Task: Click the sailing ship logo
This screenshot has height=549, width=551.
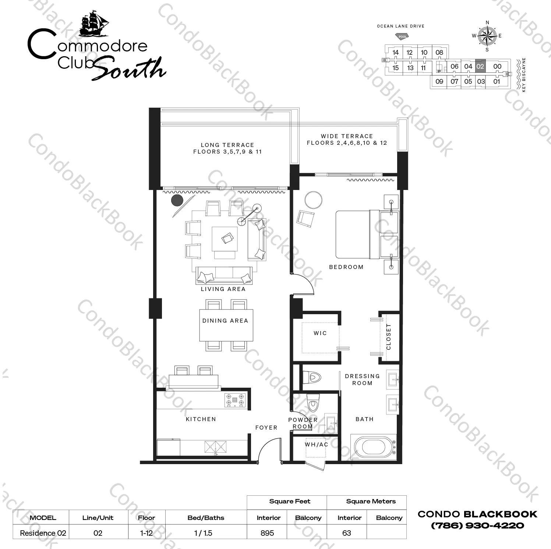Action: (x=94, y=24)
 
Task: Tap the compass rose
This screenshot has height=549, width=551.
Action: (x=487, y=36)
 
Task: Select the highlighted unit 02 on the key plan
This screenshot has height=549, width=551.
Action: (x=480, y=67)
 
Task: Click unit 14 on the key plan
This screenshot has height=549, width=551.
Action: (x=395, y=53)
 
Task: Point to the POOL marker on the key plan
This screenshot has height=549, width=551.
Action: (x=402, y=36)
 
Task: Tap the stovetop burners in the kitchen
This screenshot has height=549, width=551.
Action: (x=235, y=400)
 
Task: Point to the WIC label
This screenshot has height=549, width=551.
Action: (x=320, y=333)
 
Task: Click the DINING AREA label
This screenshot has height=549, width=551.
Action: (x=225, y=320)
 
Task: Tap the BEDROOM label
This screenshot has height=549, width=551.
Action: (x=346, y=267)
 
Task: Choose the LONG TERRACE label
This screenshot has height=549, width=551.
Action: (x=227, y=145)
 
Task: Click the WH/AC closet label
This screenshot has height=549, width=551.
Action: (x=316, y=444)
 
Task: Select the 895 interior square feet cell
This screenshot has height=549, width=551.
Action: (x=267, y=533)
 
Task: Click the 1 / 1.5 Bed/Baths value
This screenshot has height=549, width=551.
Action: (x=203, y=533)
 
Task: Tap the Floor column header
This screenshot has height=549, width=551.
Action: (x=146, y=517)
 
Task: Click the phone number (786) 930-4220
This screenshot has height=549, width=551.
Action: (x=477, y=525)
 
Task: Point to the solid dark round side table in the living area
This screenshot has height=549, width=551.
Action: (x=177, y=200)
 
